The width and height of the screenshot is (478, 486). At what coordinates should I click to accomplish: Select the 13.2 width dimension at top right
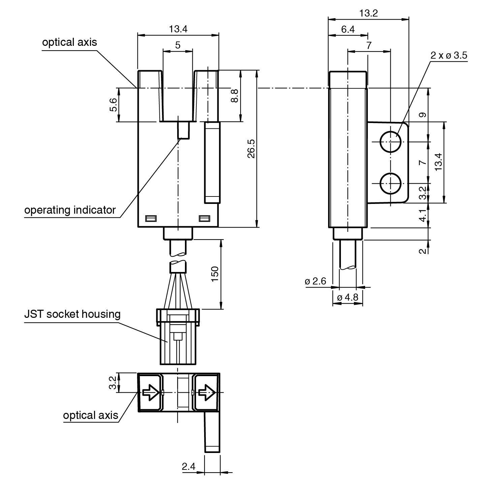tap(368, 13)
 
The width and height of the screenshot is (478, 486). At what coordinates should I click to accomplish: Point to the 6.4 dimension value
tap(348, 29)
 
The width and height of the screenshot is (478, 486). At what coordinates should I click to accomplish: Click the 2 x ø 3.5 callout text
tap(449, 56)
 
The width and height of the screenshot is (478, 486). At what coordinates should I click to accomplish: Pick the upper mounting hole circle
tap(390, 142)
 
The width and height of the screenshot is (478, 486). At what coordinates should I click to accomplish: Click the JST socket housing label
tap(72, 314)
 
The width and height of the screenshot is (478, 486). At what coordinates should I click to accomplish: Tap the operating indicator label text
tap(70, 210)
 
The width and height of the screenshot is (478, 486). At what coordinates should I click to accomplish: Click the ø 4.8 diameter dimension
tap(348, 298)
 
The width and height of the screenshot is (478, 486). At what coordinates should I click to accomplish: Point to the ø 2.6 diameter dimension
tap(315, 281)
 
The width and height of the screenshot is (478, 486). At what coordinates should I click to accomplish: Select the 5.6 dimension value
tap(114, 105)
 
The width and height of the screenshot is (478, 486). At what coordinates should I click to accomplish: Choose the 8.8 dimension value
tap(235, 96)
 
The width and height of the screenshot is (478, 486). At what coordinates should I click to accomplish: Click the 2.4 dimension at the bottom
tap(189, 467)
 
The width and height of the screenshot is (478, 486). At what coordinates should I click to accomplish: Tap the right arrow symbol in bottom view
tap(206, 392)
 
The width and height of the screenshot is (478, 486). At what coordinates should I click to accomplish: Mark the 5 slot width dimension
tap(178, 45)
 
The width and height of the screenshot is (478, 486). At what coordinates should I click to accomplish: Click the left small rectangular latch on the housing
tap(151, 219)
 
